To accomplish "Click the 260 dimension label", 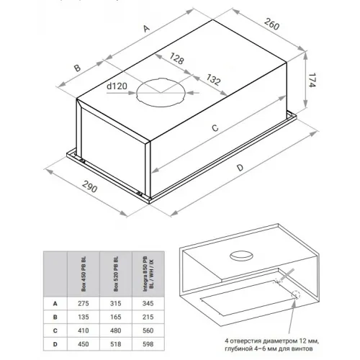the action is click(x=272, y=24).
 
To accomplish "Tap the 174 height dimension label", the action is click(x=312, y=81).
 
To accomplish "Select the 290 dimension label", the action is click(x=90, y=186).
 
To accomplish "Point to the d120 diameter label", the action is click(x=117, y=86).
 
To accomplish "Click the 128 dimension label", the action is click(x=177, y=58).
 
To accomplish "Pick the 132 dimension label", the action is click(x=213, y=79).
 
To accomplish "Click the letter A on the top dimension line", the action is click(x=146, y=28).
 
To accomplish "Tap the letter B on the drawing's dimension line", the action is click(x=77, y=68).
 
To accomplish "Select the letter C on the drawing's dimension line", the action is click(x=215, y=128).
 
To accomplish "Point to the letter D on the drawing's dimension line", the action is click(x=240, y=167).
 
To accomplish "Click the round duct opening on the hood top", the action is click(x=161, y=92).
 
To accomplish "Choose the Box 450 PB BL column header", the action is click(x=84, y=274).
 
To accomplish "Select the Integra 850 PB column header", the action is click(x=148, y=274).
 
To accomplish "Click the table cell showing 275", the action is click(x=84, y=303).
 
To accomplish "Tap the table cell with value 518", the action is click(x=116, y=344).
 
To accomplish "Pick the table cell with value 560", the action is click(x=148, y=330).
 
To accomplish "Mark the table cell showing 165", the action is click(x=116, y=317).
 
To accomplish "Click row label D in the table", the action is click(x=55, y=344).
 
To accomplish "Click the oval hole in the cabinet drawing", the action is click(x=241, y=256).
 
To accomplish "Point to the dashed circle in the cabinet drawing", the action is click(x=296, y=294).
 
